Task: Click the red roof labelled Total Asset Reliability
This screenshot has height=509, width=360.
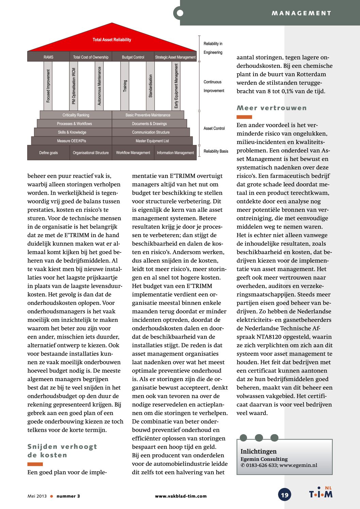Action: coord(112,40)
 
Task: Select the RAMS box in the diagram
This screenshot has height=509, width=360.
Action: coord(49,57)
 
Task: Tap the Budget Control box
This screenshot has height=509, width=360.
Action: coord(133,57)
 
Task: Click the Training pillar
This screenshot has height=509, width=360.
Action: coord(125,86)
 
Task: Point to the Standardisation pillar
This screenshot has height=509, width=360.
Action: coord(150,86)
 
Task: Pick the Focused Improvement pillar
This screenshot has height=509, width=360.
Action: coord(48,86)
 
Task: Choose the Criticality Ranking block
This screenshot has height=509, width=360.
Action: coord(76,115)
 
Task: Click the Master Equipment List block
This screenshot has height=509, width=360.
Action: coord(152,141)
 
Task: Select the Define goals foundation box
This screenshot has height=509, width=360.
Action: coord(49,153)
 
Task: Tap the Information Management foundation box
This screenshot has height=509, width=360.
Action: coord(175,153)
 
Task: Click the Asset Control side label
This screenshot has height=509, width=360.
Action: coord(214,128)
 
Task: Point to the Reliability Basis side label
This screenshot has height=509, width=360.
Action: coord(216,151)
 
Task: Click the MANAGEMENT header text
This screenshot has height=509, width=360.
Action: coord(301,13)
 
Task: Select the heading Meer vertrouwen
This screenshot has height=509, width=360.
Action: coord(272,108)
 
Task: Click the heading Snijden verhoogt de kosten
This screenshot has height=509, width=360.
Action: coord(62,450)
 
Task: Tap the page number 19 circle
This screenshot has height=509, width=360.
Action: coord(285,495)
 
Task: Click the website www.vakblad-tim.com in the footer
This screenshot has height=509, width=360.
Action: coord(181,496)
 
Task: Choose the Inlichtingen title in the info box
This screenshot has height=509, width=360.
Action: coord(259,451)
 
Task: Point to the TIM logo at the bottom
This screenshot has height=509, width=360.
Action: coord(321,493)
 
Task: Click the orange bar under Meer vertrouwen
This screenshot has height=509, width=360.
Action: coord(244,117)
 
